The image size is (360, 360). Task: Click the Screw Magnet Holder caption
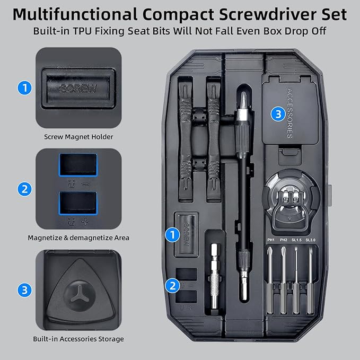(78, 136)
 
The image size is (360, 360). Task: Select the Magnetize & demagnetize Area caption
(78, 238)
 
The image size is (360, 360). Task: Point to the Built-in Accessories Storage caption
(78, 338)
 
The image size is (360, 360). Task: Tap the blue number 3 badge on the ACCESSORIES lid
(277, 113)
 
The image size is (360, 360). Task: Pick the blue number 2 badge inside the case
(171, 285)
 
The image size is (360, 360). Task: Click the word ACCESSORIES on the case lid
(289, 112)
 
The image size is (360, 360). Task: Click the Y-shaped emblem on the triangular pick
(78, 294)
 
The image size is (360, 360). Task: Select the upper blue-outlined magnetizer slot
(78, 166)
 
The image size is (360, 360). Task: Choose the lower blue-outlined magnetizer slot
(78, 202)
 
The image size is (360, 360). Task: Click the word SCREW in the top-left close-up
(78, 89)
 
